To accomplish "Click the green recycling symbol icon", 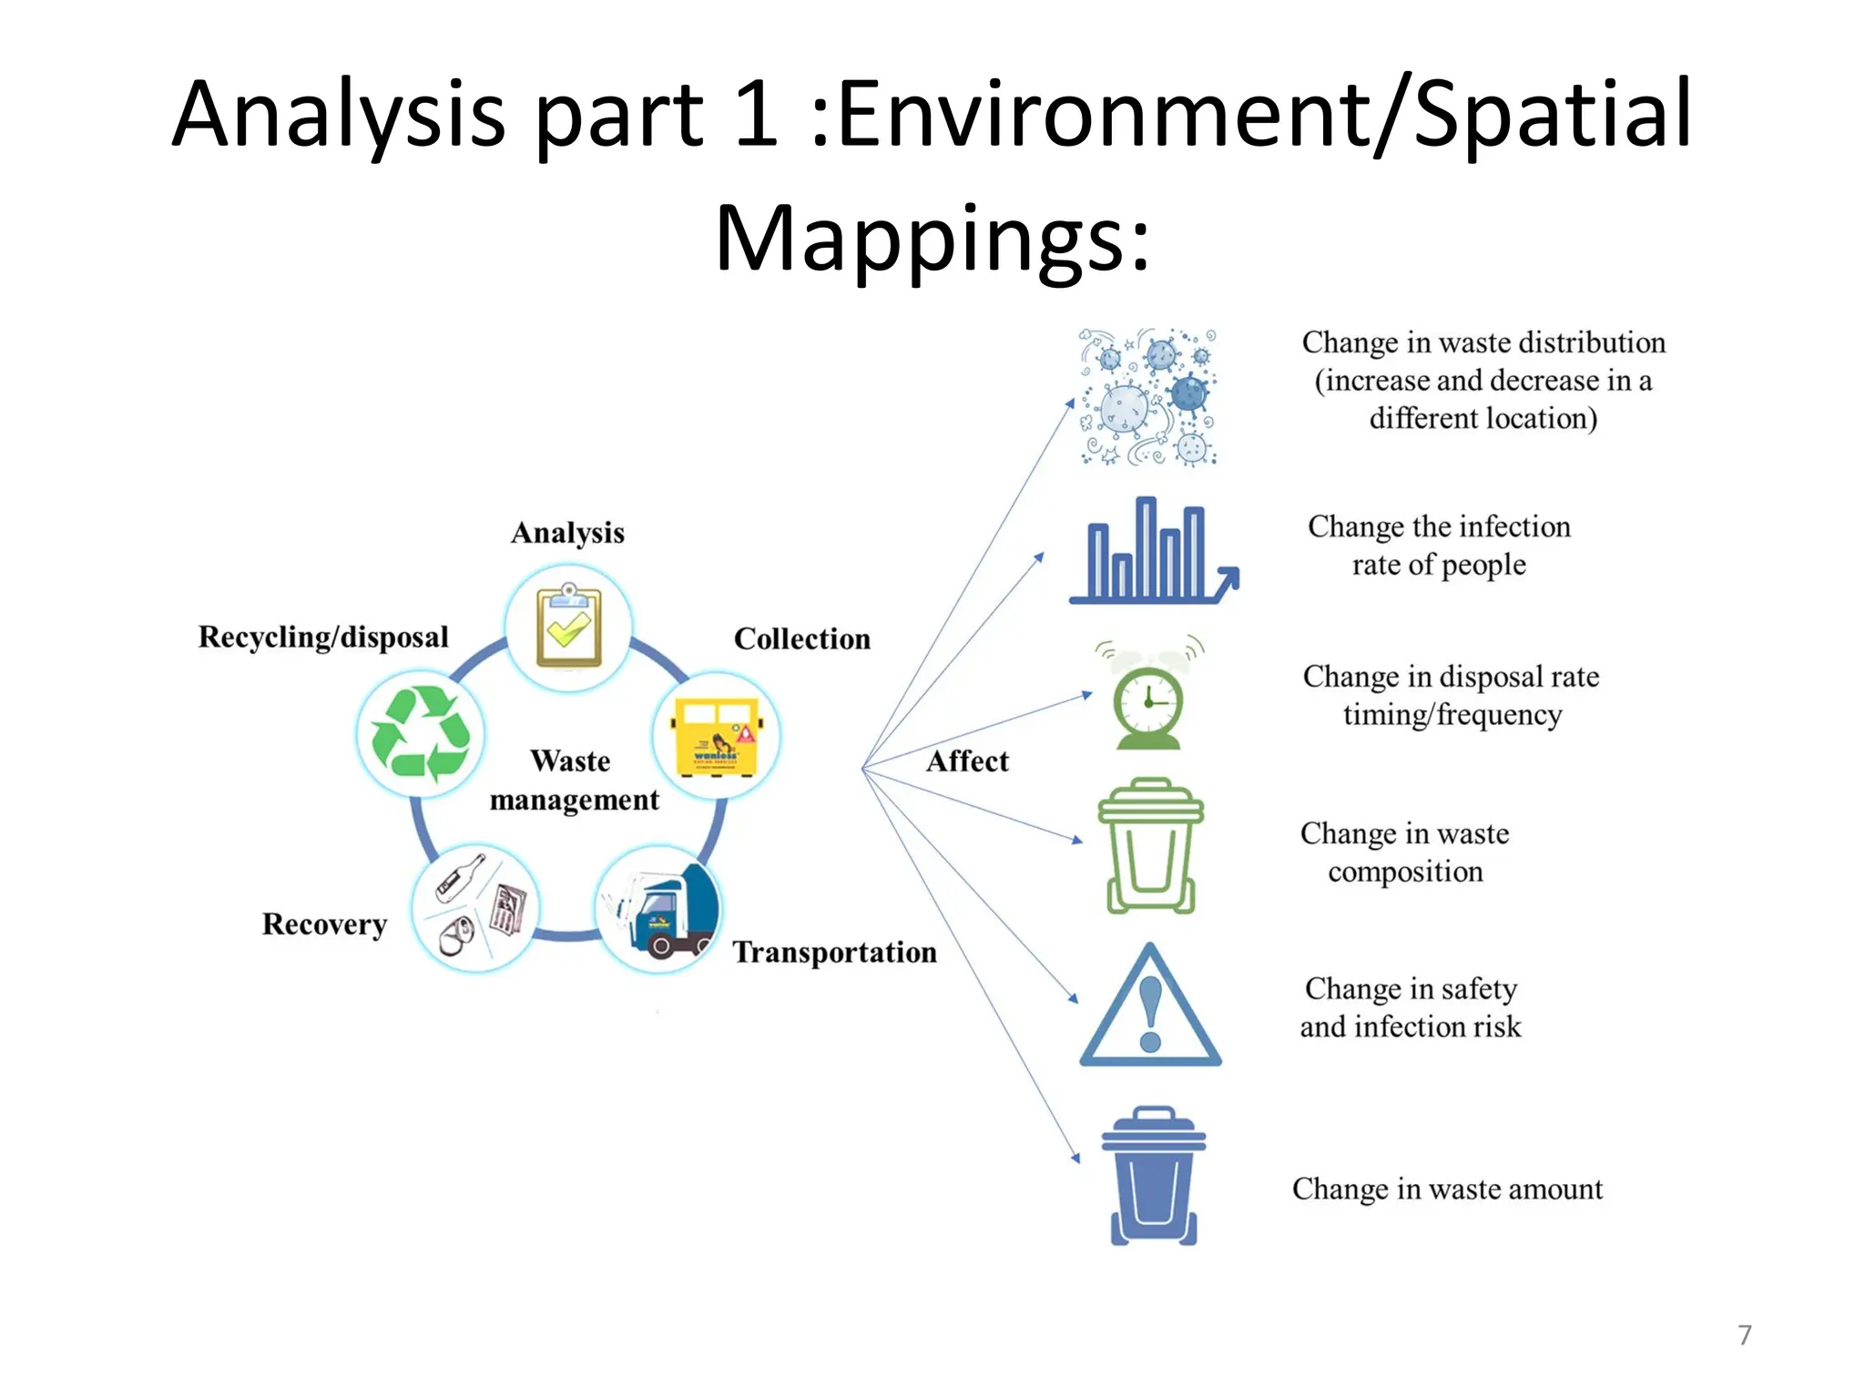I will click(x=421, y=734).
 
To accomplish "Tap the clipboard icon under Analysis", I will click(x=568, y=628).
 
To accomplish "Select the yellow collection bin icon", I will click(x=717, y=736).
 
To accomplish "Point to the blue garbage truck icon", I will click(x=658, y=909).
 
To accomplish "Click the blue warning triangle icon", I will click(x=1150, y=1006).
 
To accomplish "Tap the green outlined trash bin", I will click(x=1150, y=845).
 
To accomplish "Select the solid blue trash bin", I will click(x=1153, y=1176).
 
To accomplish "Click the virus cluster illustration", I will click(x=1148, y=397).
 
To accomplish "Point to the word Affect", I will click(x=967, y=761).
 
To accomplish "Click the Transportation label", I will click(x=834, y=953).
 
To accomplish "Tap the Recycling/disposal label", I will click(x=323, y=637).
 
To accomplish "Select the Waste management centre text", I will click(x=573, y=781).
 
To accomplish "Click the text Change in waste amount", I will click(x=1447, y=1189).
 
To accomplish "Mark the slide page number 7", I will click(x=1744, y=1335).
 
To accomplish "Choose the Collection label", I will click(x=801, y=639).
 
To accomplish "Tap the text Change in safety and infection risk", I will click(x=1411, y=1007).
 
